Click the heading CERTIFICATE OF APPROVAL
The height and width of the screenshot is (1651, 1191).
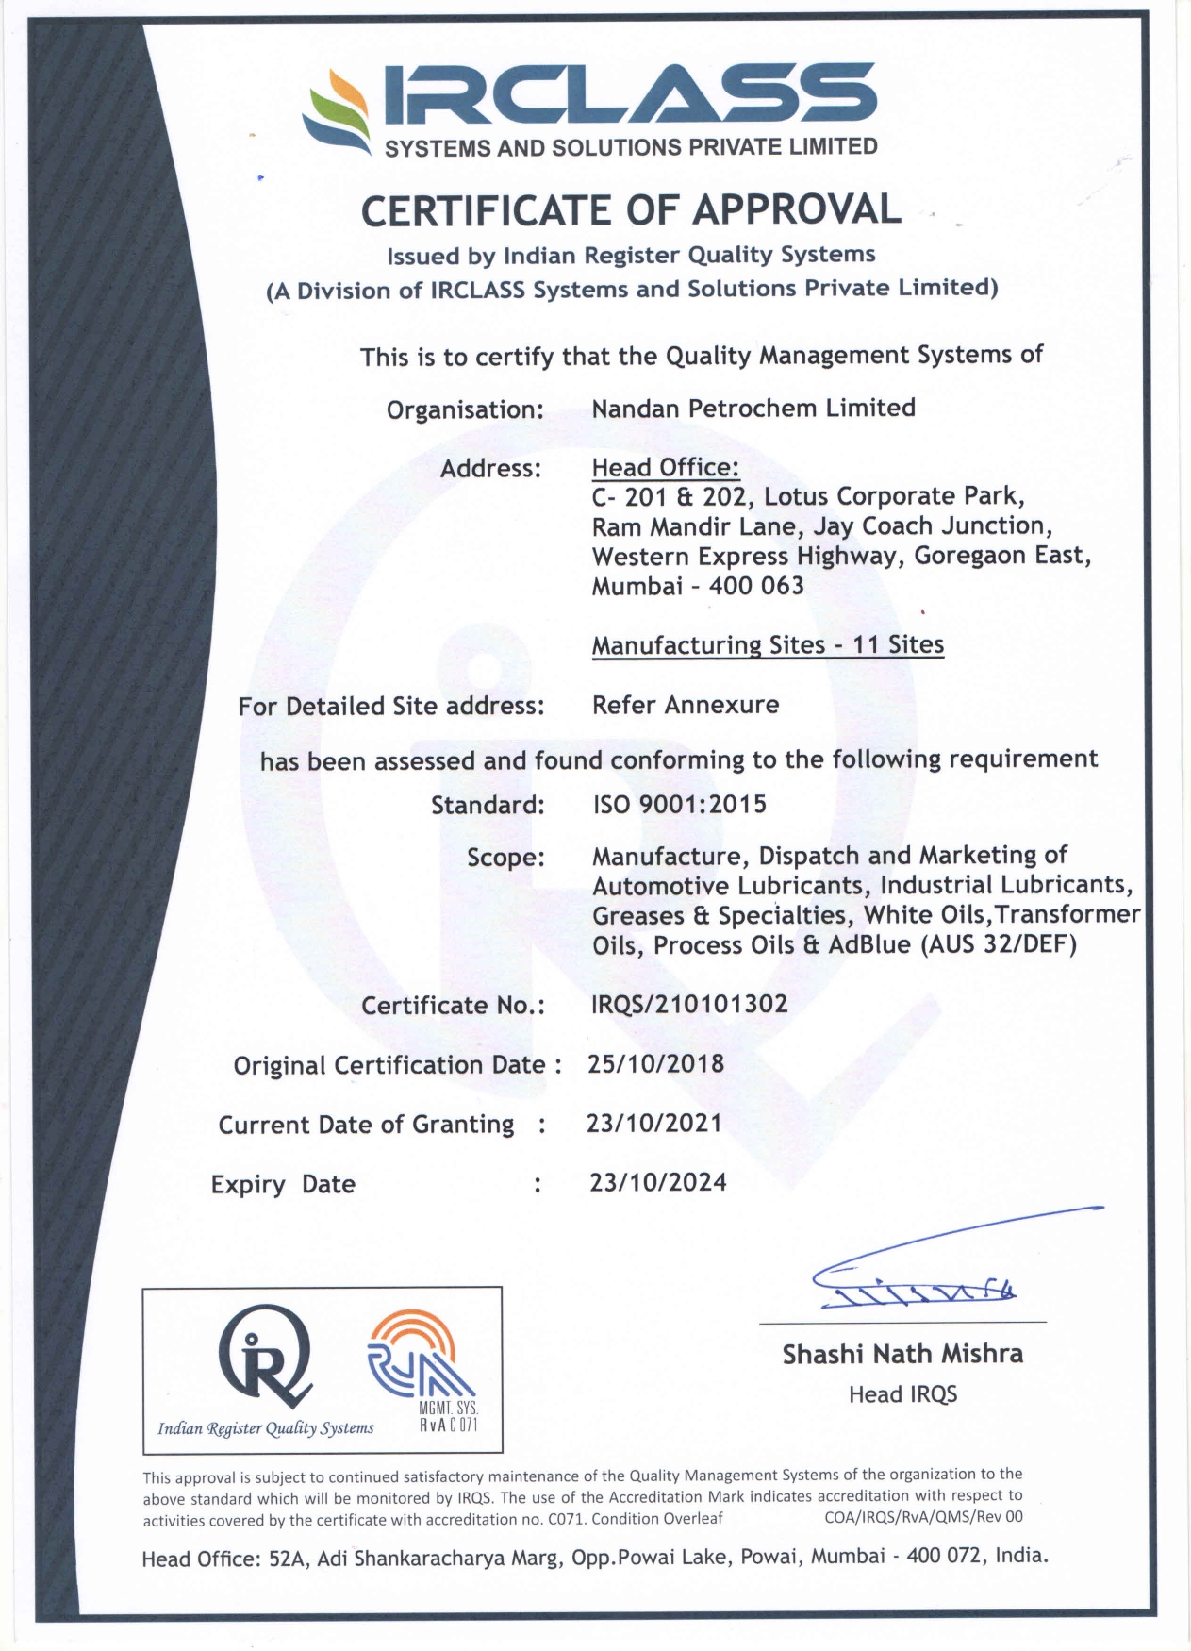[631, 209]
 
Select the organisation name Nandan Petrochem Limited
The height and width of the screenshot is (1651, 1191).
[753, 409]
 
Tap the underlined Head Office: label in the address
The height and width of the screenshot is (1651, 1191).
[665, 468]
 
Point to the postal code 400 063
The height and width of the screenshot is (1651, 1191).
[756, 586]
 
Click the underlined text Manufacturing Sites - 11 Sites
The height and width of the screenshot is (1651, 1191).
[768, 645]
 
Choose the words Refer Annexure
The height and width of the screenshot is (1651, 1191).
[686, 705]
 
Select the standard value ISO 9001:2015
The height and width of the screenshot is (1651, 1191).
[679, 805]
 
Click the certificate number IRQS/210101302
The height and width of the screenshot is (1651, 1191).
[689, 1004]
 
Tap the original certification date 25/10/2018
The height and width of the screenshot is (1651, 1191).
[655, 1064]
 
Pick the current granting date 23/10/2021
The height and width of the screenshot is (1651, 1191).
[654, 1124]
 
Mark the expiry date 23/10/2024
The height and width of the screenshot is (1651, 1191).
[658, 1183]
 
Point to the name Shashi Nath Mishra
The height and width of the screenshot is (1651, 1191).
[902, 1355]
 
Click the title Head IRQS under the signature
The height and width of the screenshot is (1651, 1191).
[902, 1394]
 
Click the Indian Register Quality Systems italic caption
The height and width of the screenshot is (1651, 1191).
[266, 1428]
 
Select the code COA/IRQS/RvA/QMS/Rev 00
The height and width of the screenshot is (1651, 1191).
[923, 1517]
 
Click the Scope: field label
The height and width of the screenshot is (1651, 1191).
[505, 858]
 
